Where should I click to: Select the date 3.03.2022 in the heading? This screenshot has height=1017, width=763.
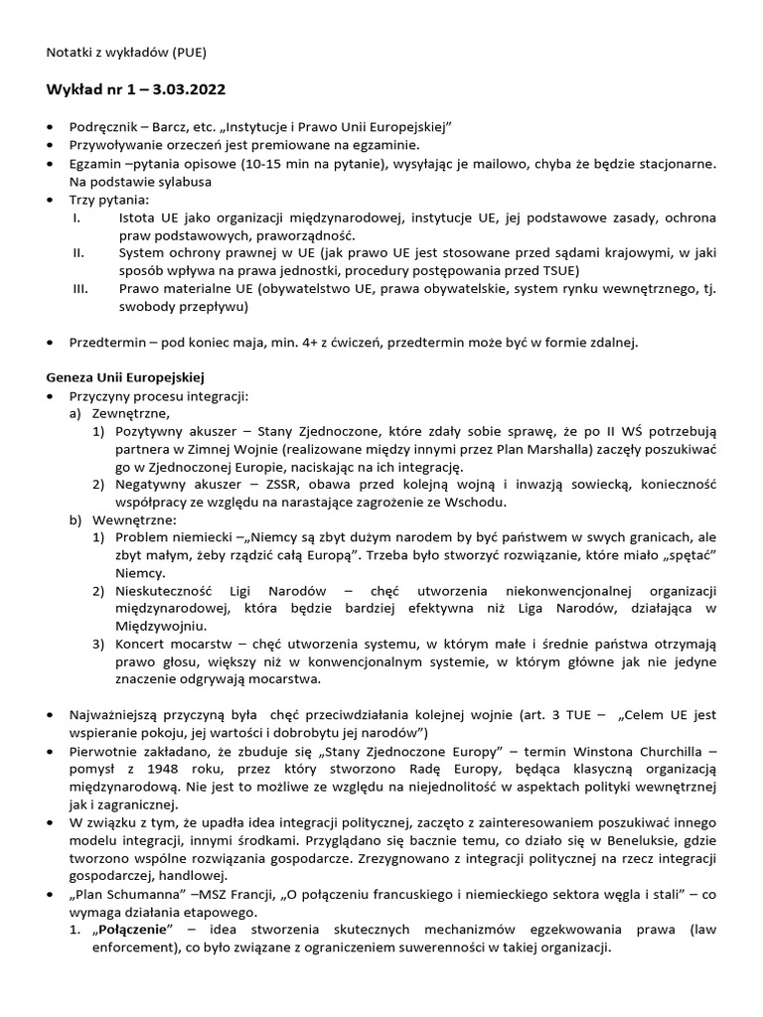(186, 90)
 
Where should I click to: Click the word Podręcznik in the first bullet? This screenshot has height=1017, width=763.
(103, 128)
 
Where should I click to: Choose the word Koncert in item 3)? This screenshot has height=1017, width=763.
(143, 646)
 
